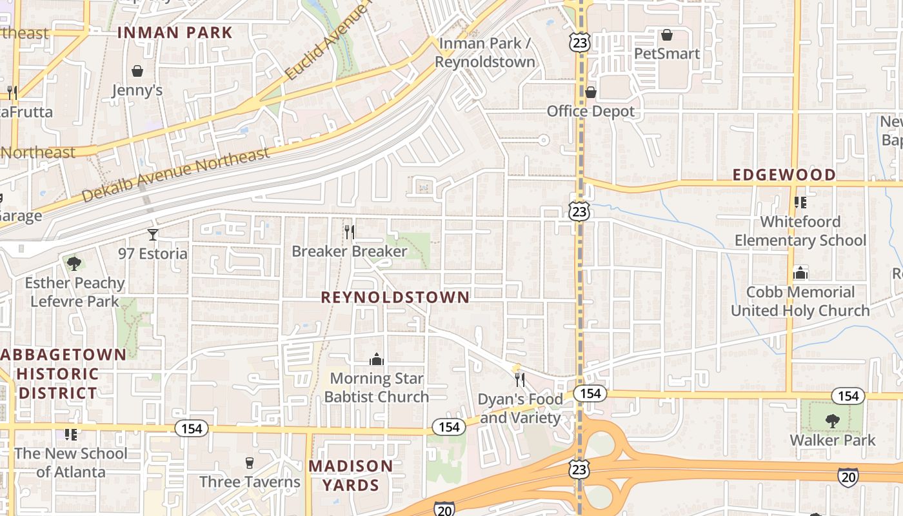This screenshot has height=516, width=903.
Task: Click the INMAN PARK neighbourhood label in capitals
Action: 175,32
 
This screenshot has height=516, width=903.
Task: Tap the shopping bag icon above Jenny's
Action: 137,71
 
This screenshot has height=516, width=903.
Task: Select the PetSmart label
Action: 667,54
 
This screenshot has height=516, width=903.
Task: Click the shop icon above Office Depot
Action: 590,92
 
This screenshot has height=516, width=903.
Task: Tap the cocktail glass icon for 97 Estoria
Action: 153,234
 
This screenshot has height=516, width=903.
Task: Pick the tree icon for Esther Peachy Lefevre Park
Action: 74,263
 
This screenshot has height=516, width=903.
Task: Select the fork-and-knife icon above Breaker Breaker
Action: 350,232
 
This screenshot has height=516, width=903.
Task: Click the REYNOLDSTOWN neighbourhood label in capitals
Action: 395,297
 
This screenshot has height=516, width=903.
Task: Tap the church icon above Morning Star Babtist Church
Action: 377,359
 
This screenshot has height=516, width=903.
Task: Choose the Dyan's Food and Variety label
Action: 520,408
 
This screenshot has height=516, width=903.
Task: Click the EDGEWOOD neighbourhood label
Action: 784,175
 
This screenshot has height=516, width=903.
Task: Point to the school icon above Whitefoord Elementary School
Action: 800,203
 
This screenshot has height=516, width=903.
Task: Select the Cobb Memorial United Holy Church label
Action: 800,301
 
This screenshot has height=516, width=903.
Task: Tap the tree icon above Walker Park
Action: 833,421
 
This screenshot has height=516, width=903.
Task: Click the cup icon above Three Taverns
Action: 250,462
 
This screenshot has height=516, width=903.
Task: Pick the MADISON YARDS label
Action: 350,475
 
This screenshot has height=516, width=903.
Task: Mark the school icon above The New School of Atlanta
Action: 71,434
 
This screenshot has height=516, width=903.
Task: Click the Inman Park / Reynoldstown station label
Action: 485,53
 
